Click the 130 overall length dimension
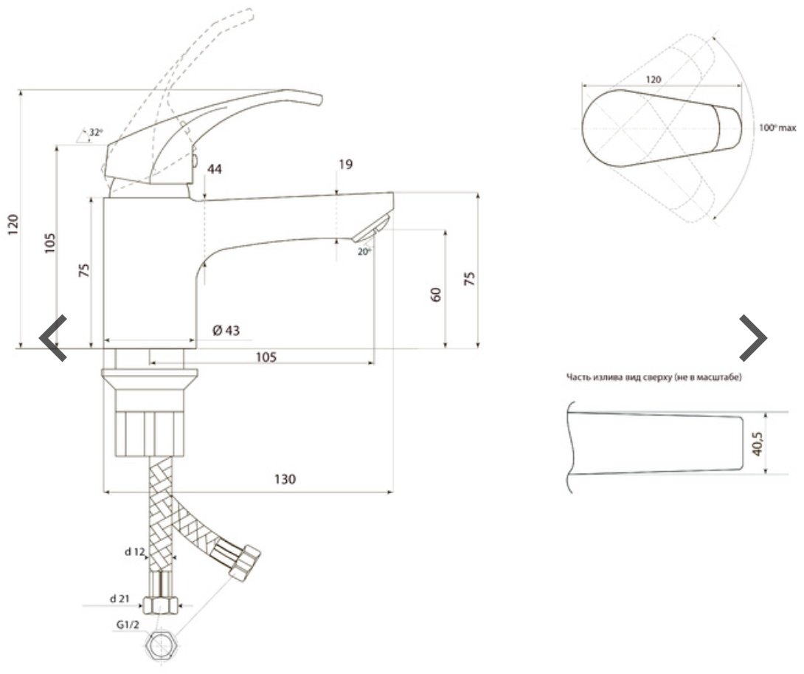[x=285, y=479]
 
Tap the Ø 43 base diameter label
[x=226, y=330]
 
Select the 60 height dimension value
[x=436, y=295]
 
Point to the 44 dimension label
[x=215, y=169]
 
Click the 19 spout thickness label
[x=346, y=165]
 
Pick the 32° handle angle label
[x=96, y=132]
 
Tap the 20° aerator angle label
[x=364, y=252]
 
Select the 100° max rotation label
[x=777, y=127]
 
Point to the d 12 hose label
[x=136, y=552]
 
